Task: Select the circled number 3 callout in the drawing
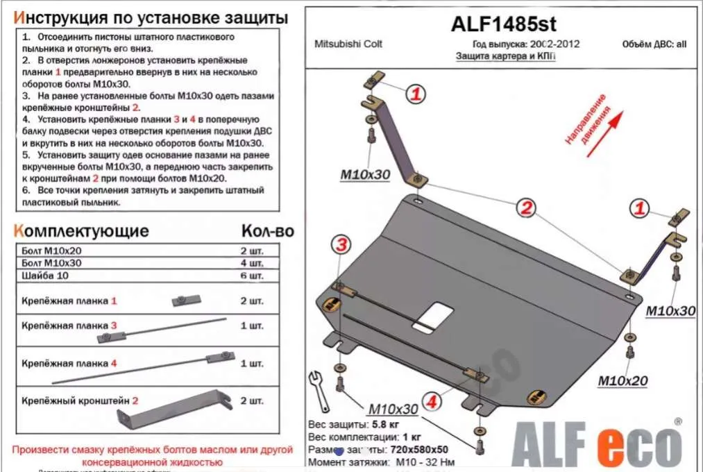tap(341, 244)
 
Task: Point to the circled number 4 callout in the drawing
tap(432, 401)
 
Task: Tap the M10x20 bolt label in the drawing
tap(622, 381)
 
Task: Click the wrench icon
tap(318, 390)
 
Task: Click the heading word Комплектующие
tap(81, 231)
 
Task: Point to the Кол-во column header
tap(267, 231)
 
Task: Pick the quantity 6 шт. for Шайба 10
tap(252, 276)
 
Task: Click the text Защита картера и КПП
tap(505, 57)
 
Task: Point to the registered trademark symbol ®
tap(677, 421)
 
